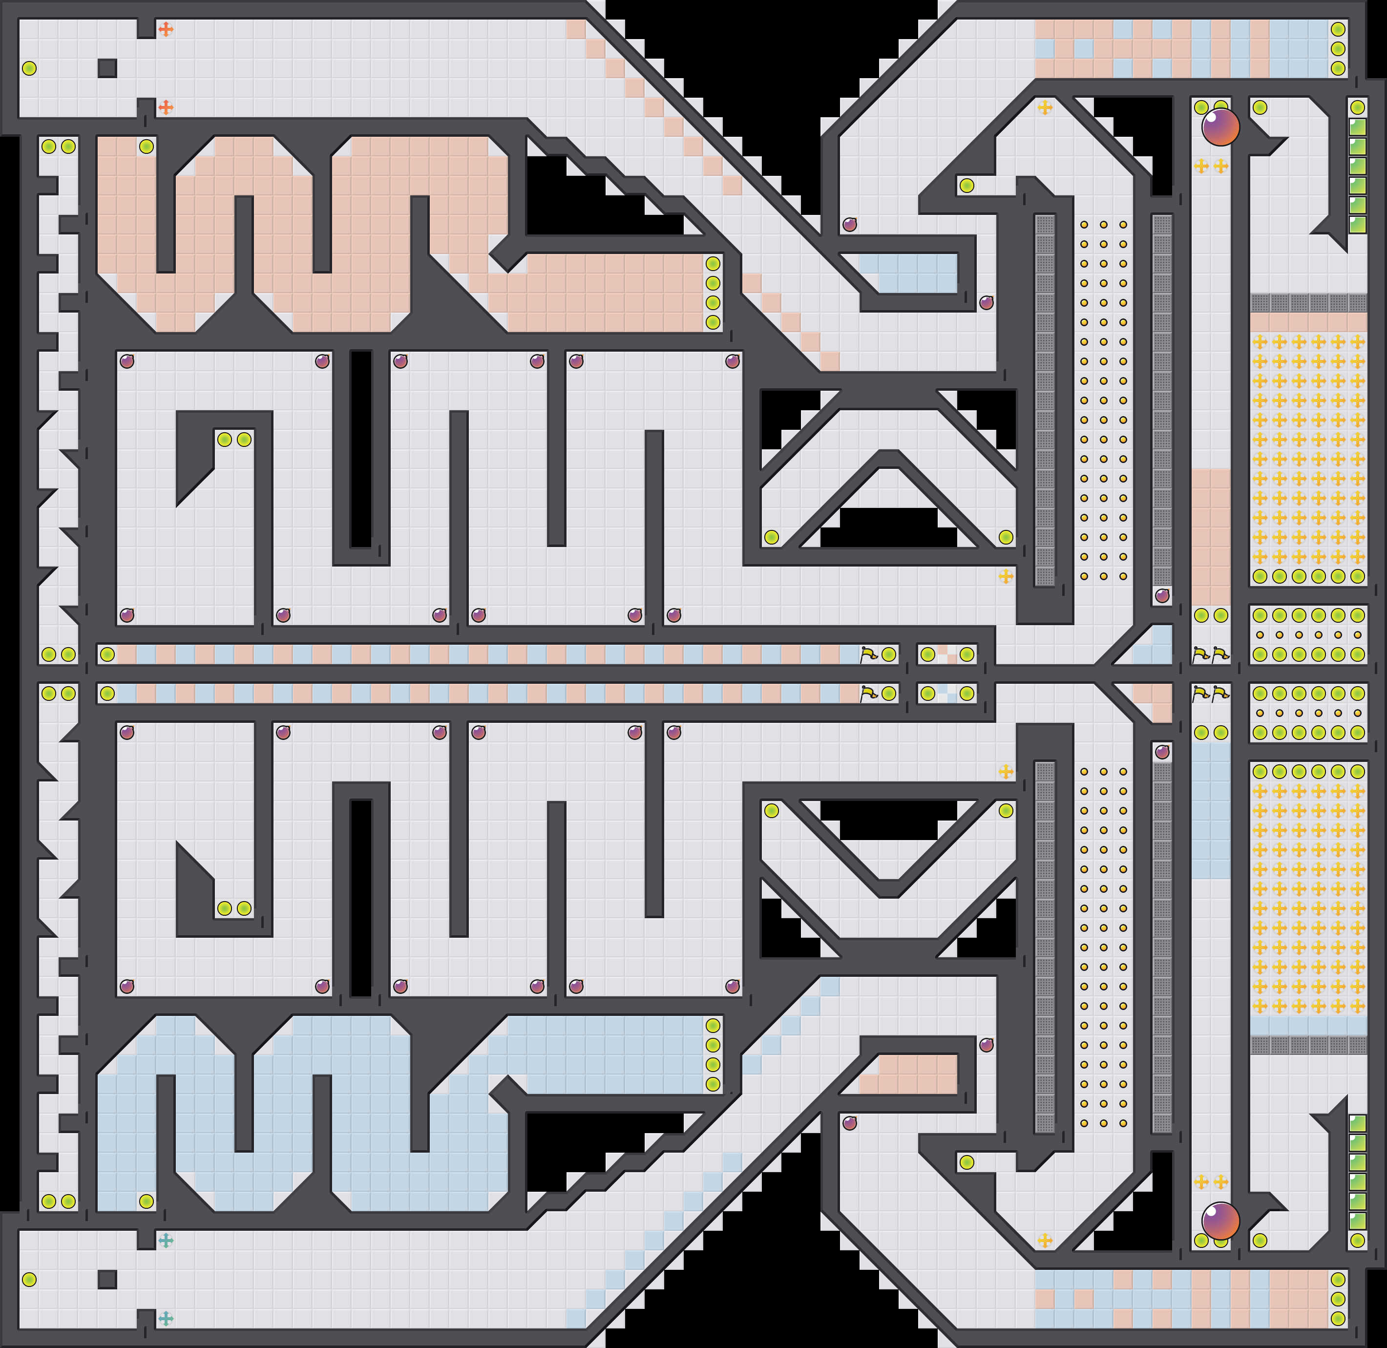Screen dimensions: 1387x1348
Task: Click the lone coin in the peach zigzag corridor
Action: click(146, 147)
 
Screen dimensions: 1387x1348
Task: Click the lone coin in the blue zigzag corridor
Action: click(146, 1201)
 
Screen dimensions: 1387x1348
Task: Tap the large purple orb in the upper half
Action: click(1220, 127)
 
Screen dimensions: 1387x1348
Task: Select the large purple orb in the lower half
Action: click(1220, 1221)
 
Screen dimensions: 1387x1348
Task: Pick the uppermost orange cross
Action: click(166, 29)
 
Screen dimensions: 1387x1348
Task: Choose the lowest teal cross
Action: click(166, 1318)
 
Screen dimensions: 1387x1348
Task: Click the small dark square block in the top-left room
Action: click(107, 68)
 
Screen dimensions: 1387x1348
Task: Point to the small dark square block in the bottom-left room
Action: click(107, 1279)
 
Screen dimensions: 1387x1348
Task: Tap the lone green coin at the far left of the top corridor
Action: click(29, 68)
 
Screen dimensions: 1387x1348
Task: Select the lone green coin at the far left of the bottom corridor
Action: click(29, 1279)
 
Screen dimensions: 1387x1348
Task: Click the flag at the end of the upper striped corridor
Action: click(868, 654)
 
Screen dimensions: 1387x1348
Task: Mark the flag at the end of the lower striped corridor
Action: click(868, 694)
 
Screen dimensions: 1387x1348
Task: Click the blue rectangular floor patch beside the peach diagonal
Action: click(908, 273)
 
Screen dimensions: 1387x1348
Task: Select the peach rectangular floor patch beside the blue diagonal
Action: click(908, 1074)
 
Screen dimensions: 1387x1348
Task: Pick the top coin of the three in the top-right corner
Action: click(1338, 29)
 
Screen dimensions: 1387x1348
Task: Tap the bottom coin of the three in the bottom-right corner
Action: click(1338, 1318)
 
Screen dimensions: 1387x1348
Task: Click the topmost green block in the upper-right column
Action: click(1357, 127)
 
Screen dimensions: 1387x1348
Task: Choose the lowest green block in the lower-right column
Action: click(1357, 1221)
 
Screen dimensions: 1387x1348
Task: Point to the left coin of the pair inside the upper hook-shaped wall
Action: click(225, 439)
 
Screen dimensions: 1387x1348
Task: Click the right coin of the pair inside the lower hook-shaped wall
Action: click(244, 908)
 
